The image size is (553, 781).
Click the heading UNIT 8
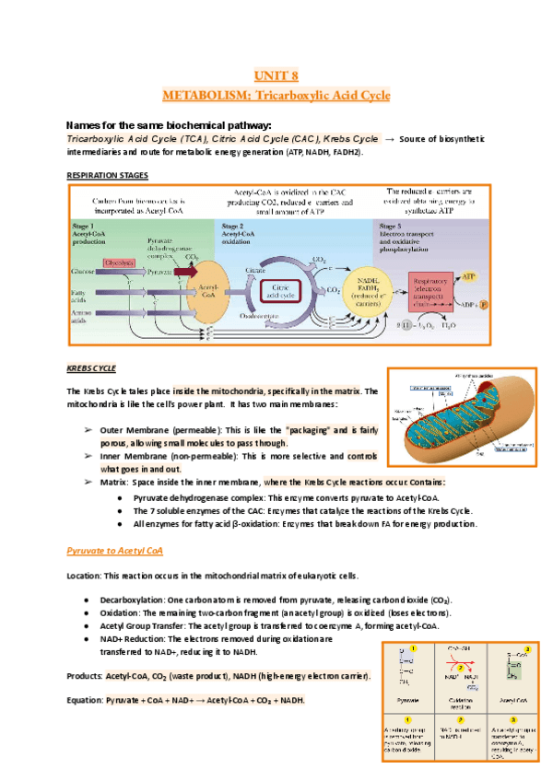[x=276, y=76]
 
